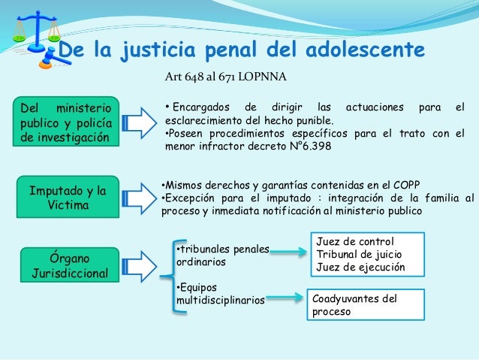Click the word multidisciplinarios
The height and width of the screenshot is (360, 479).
coord(220,301)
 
